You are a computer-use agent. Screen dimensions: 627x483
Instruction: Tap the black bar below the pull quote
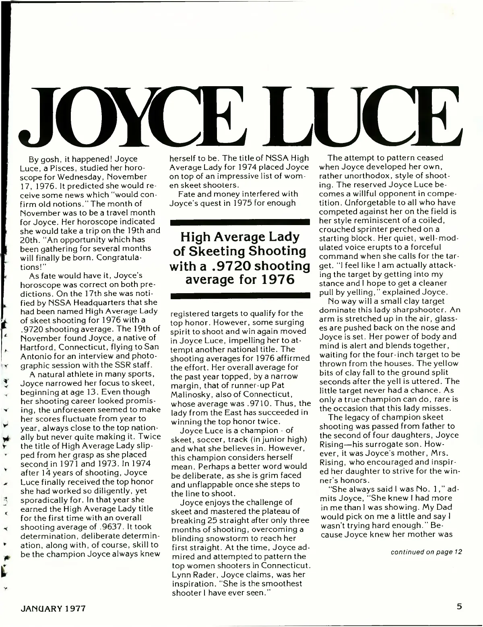(x=239, y=296)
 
